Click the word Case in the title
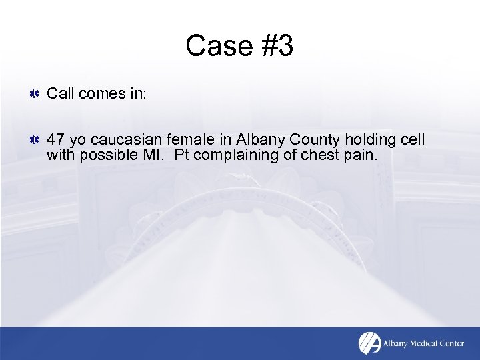tap(215, 46)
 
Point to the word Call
tap(61, 94)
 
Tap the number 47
tap(56, 140)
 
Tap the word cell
tap(412, 140)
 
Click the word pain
tap(362, 155)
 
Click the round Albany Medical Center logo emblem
tap(369, 343)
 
